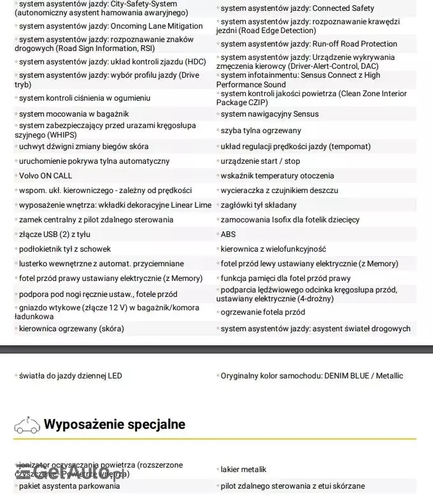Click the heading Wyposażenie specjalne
(115, 424)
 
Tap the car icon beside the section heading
(25, 424)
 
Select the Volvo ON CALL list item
(45, 176)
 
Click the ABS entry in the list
(228, 234)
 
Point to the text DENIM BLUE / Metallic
(364, 376)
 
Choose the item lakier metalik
(243, 470)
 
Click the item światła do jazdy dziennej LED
(70, 376)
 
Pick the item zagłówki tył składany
(259, 205)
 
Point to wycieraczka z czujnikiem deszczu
(280, 190)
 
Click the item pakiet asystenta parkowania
(69, 486)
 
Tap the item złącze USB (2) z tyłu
(54, 234)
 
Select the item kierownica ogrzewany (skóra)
(71, 329)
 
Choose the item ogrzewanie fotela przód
(263, 312)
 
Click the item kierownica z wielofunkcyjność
(273, 249)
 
